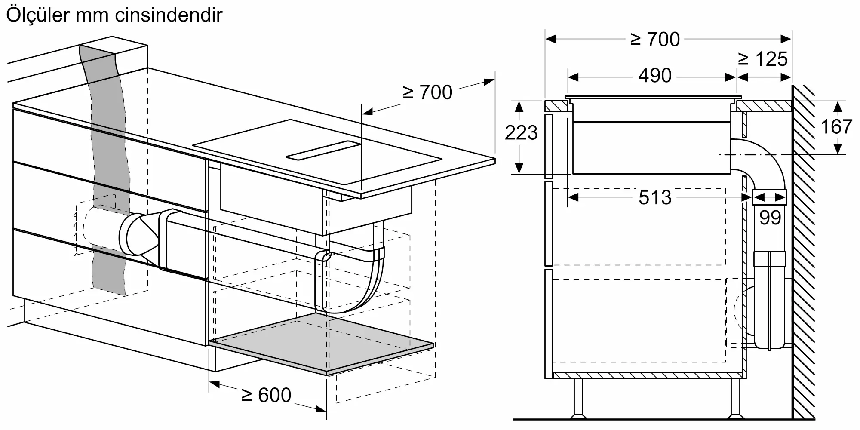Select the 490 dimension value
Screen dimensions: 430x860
pyautogui.click(x=654, y=76)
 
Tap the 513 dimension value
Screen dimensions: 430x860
pyautogui.click(x=654, y=198)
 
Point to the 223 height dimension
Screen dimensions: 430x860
pyautogui.click(x=521, y=133)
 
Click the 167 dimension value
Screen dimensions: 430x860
pyautogui.click(x=836, y=127)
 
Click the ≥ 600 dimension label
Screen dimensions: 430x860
pyautogui.click(x=266, y=395)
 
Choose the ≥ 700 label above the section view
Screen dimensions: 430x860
pyautogui.click(x=654, y=40)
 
